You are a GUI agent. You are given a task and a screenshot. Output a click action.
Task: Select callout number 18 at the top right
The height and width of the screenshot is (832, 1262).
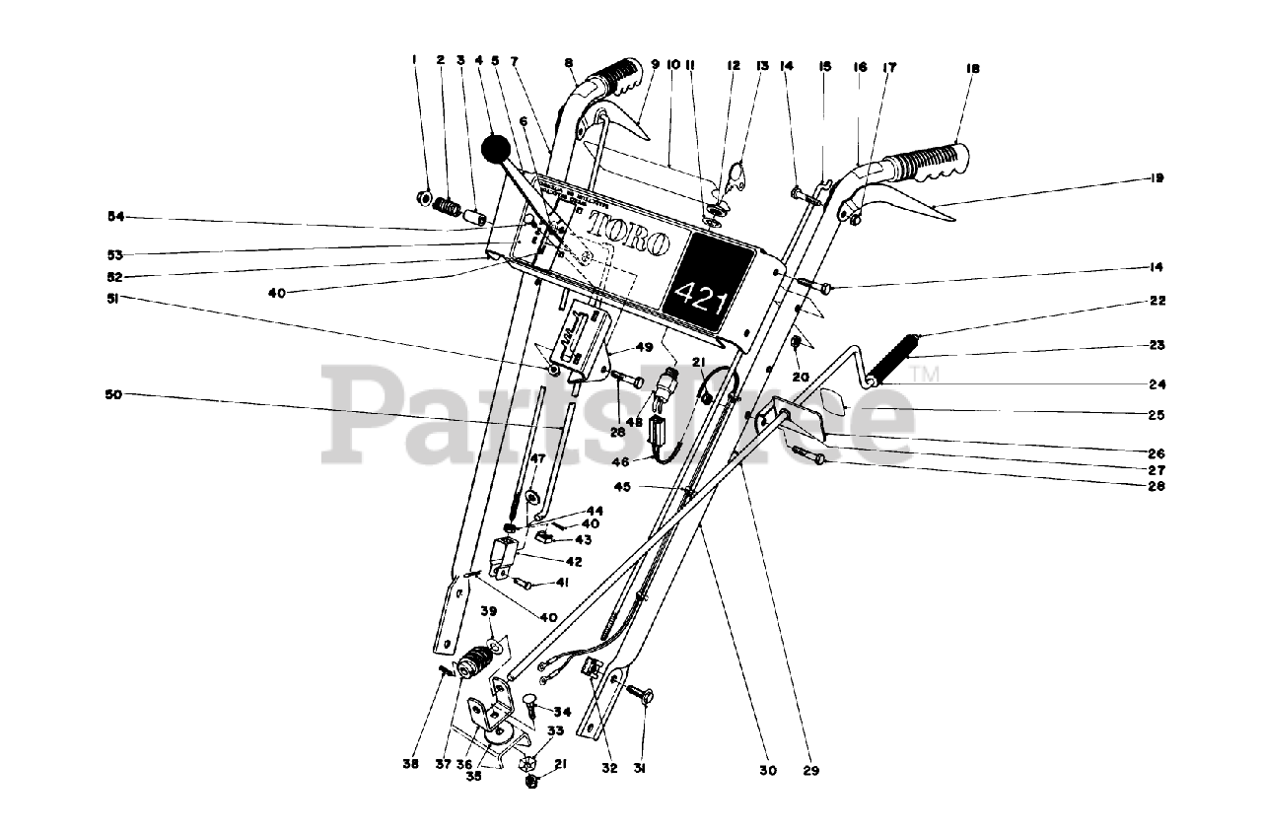click(x=973, y=69)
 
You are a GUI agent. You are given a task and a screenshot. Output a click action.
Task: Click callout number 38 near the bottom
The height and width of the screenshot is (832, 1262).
click(x=411, y=764)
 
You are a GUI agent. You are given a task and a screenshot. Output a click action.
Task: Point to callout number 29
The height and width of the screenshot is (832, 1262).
click(x=810, y=770)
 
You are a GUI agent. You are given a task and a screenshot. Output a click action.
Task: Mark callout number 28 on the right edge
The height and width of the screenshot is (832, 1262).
click(x=1157, y=486)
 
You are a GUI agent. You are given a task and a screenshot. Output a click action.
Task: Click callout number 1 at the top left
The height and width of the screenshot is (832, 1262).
click(x=414, y=59)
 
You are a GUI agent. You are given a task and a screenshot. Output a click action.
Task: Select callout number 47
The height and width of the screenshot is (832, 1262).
click(x=537, y=458)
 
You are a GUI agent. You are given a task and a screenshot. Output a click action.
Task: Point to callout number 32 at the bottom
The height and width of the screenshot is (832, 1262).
click(x=609, y=768)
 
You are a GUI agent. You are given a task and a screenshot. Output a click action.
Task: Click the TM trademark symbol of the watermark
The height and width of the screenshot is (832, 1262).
click(x=927, y=373)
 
